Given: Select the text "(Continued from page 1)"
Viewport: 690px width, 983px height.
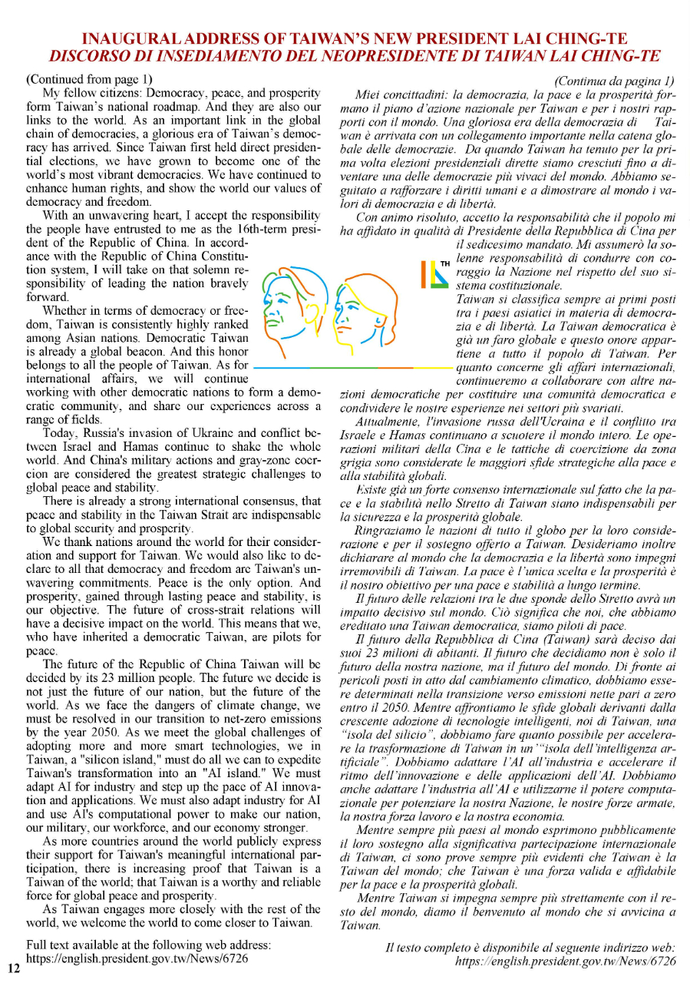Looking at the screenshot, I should pos(89,79).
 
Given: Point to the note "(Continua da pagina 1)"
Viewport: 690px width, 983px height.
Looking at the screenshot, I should pos(614,81).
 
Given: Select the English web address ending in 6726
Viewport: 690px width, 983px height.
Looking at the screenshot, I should pos(137,958).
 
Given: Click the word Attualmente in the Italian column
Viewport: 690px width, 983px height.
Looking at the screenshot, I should pos(388,423).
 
